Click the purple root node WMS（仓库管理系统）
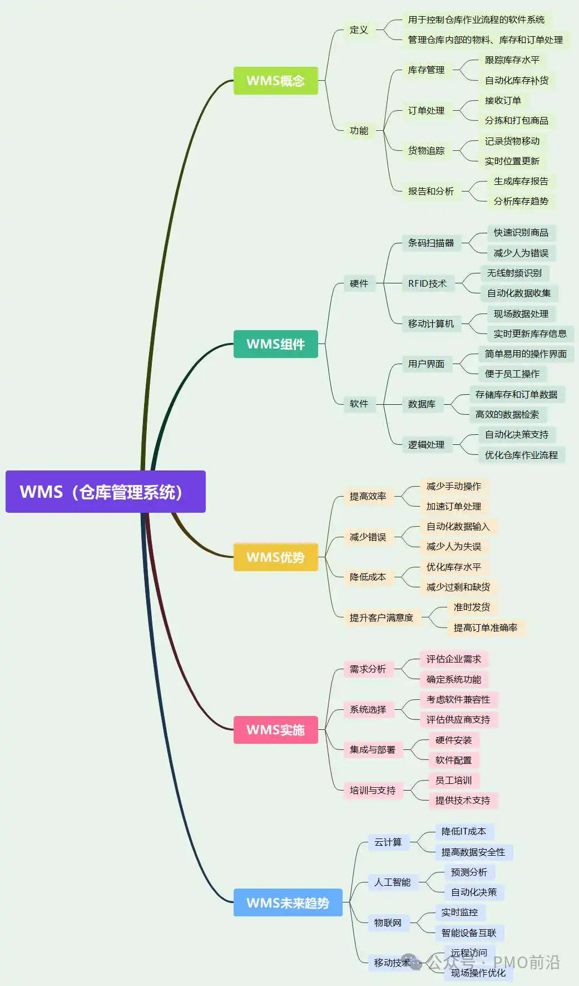pos(105,492)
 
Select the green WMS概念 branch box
pos(275,81)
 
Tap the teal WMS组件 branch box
pos(275,344)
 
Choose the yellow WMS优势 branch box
pos(275,557)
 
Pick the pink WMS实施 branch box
pos(275,730)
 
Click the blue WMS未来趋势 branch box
pos(288,902)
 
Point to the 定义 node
pos(359,30)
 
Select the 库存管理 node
pos(426,70)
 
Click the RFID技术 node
pos(427,283)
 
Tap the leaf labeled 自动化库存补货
pos(516,80)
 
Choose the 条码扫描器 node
pos(430,243)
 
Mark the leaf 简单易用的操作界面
pos(525,354)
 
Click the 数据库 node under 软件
pos(422,404)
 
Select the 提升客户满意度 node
pos(381,617)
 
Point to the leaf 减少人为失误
pos(453,547)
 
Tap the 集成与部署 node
pos(372,750)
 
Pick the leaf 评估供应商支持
pos(458,720)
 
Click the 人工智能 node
pos(392,882)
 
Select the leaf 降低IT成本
pos(463,832)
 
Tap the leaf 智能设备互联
pos(468,933)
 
